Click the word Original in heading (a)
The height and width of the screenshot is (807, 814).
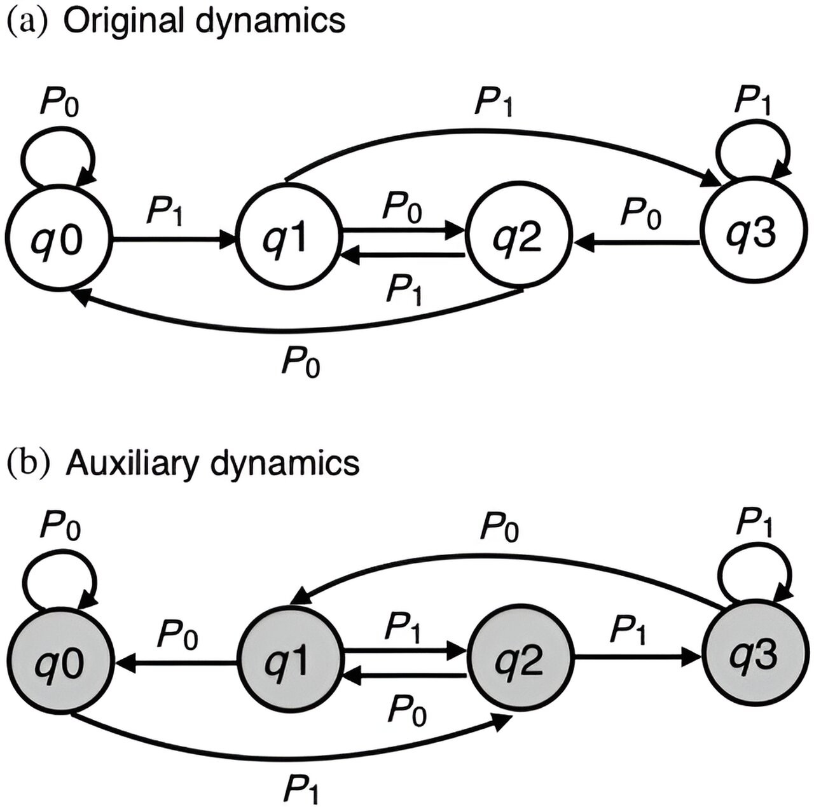pyautogui.click(x=127, y=20)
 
